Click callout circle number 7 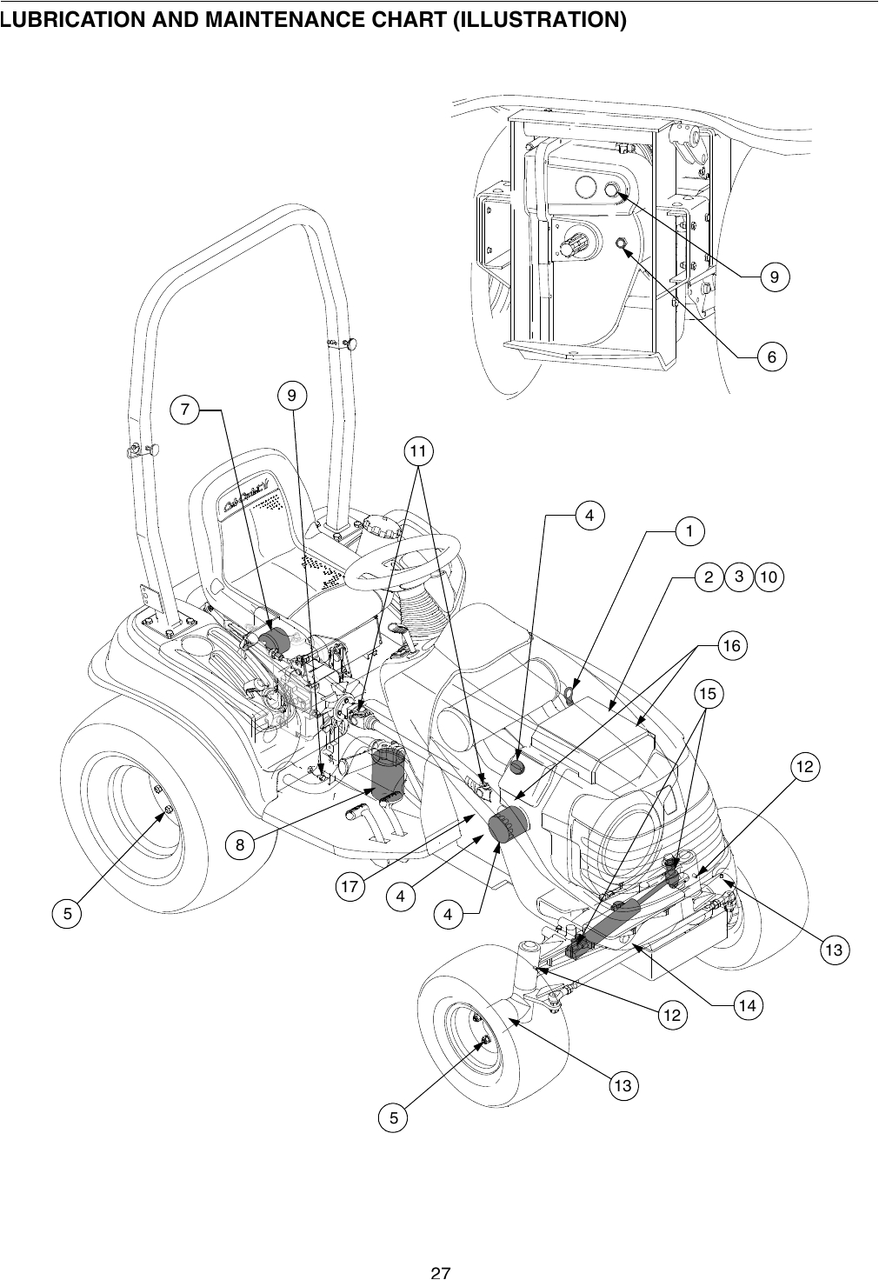pos(184,409)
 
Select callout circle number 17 pos(350,889)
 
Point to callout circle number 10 pos(769,577)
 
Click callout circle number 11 pos(419,451)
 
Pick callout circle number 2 pos(709,577)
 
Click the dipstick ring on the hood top pos(569,693)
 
